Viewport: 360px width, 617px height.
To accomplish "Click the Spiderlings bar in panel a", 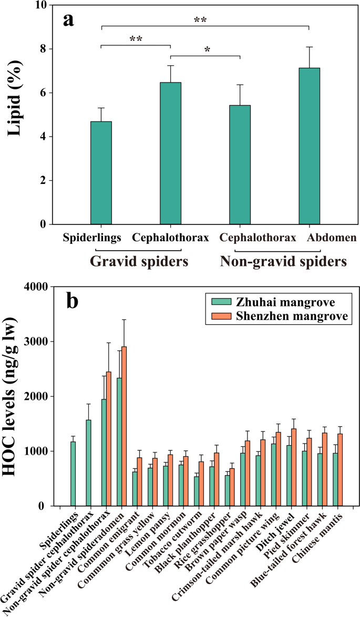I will tap(101, 173).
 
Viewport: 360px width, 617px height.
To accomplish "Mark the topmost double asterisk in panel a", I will tap(200, 20).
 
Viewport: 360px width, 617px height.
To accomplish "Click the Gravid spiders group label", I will tap(139, 261).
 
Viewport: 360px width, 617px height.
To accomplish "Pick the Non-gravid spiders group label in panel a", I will tap(283, 261).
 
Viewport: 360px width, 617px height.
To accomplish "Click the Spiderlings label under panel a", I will tap(92, 238).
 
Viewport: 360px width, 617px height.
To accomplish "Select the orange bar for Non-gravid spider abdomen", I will tap(124, 426).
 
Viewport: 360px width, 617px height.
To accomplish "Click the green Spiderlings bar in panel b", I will tap(73, 474).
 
